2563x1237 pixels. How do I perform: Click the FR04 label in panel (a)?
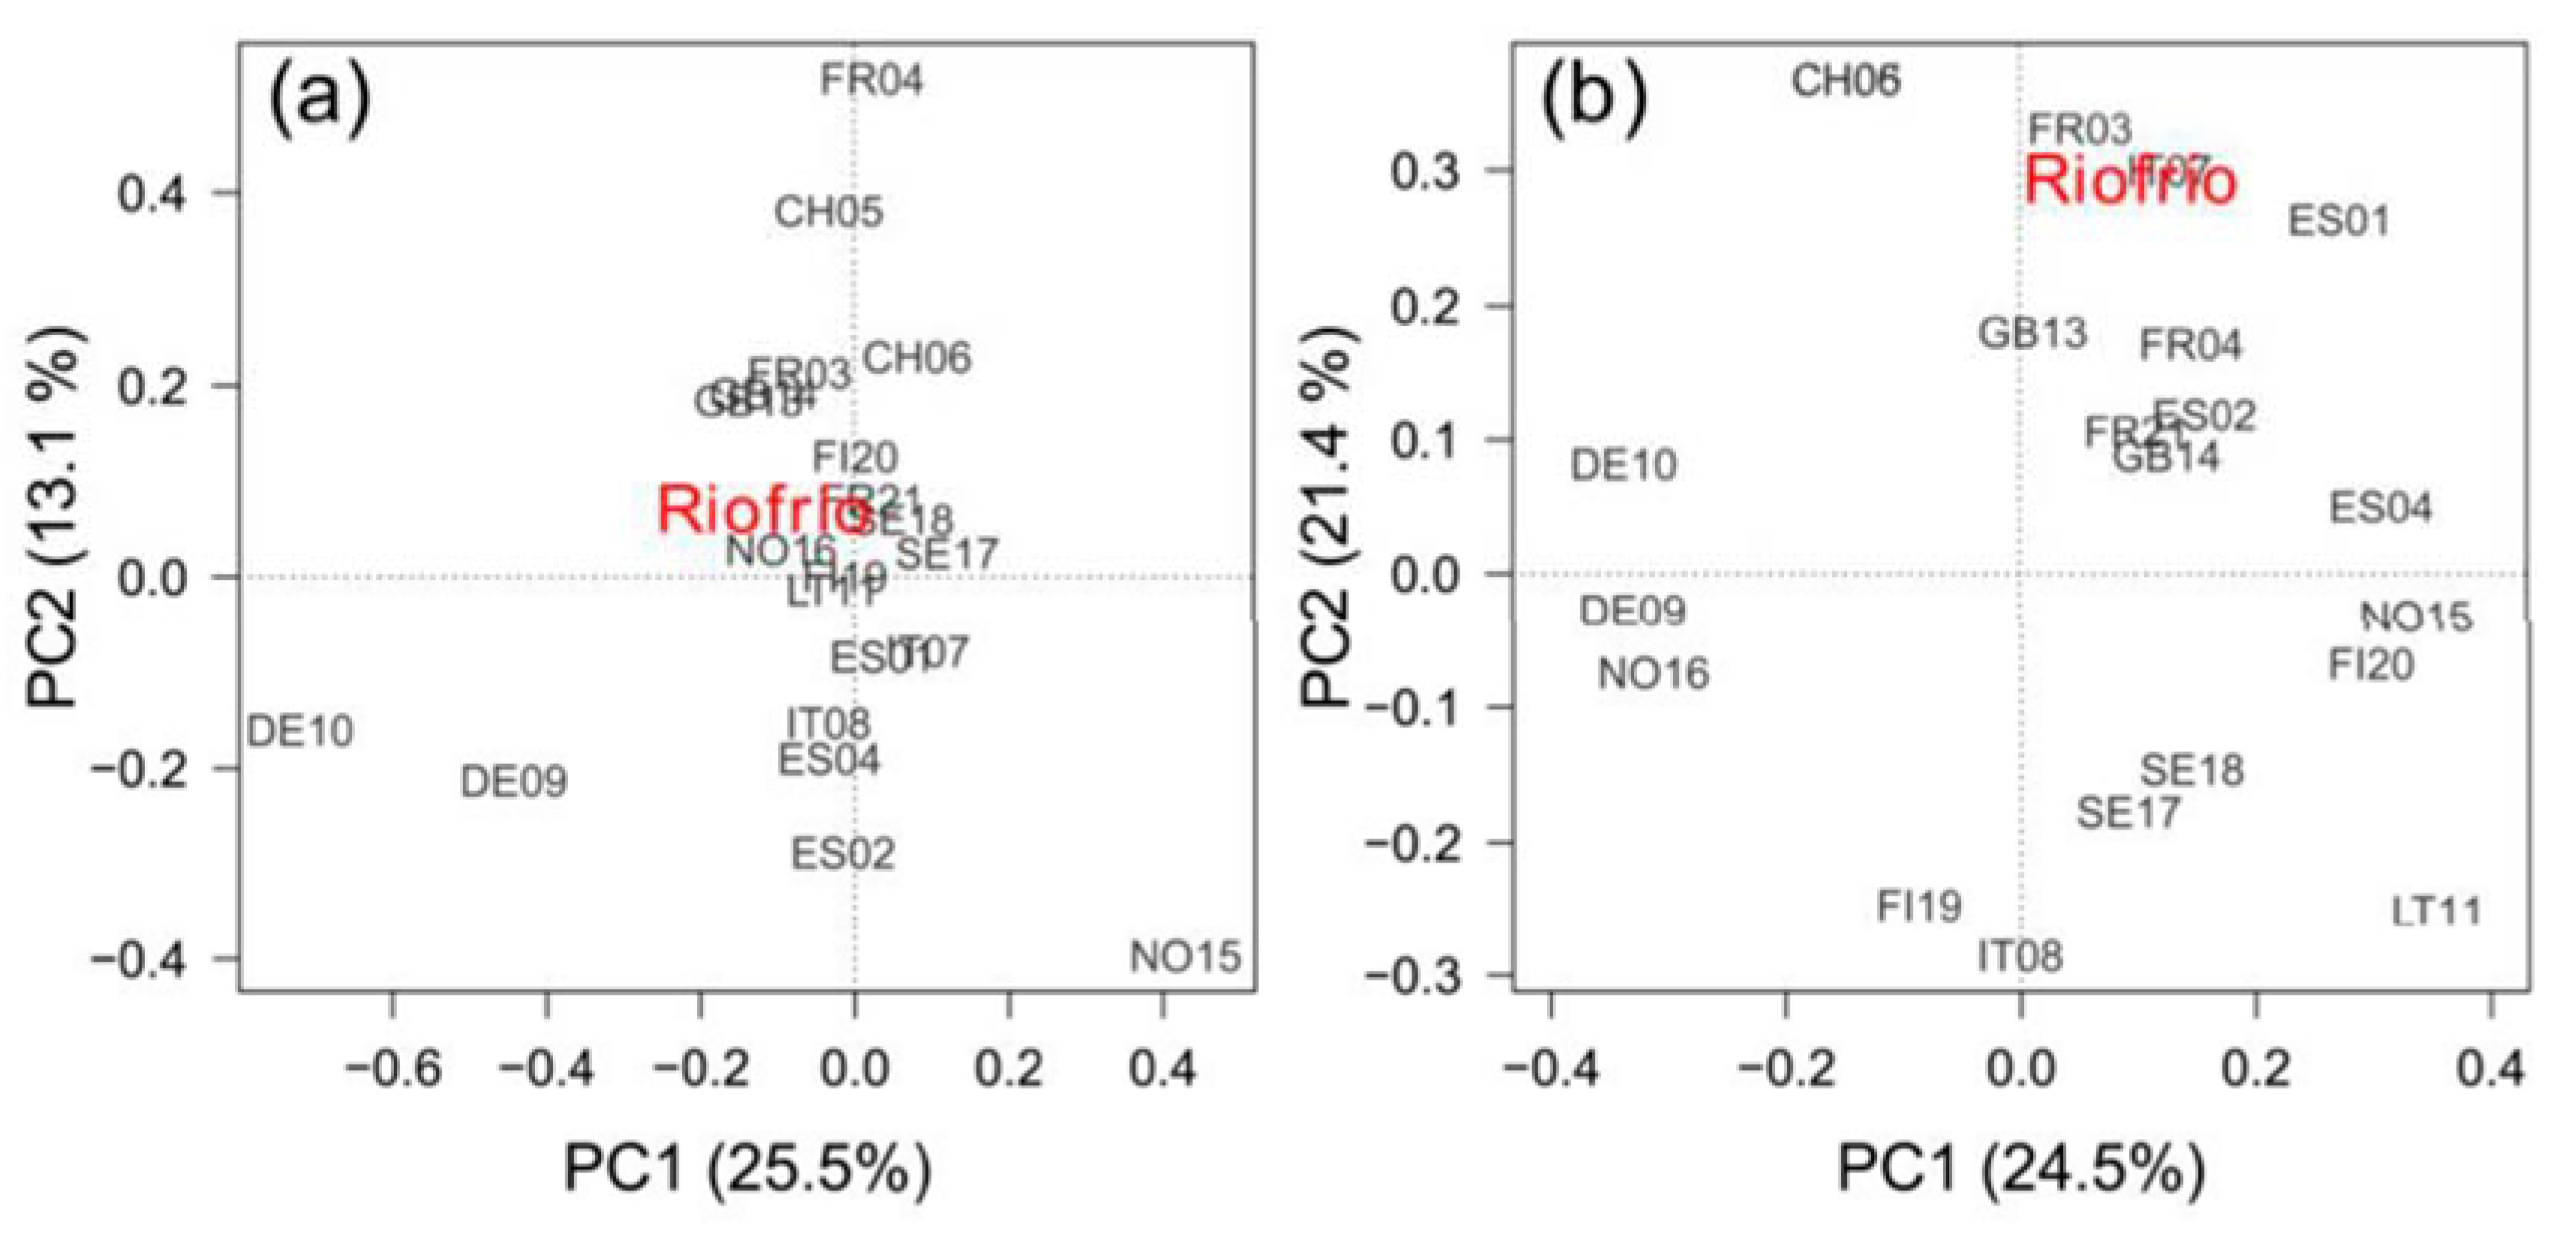click(871, 80)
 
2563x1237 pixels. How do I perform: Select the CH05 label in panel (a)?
click(829, 212)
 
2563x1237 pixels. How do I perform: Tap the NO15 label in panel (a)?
click(1185, 957)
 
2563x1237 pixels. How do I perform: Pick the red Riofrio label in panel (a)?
click(760, 510)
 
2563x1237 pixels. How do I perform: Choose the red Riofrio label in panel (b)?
click(2130, 181)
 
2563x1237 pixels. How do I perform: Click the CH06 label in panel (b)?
click(1846, 80)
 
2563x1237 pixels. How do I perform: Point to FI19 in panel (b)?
click(1919, 907)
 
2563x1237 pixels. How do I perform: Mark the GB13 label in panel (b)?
click(2032, 333)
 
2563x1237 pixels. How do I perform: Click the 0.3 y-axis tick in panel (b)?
click(1424, 171)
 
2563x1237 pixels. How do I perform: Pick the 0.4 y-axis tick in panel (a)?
click(152, 193)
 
